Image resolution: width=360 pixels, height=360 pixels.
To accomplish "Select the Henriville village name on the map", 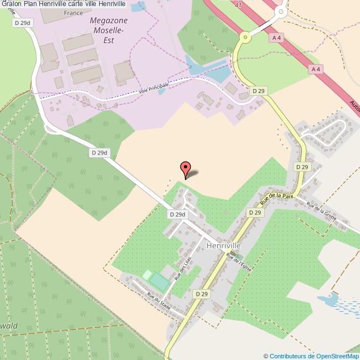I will click(223, 245).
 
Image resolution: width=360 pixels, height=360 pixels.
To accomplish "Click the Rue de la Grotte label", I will click(322, 213).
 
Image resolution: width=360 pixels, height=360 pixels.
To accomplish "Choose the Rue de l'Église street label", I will click(239, 262).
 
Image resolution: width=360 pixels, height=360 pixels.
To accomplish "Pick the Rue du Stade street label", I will click(158, 300).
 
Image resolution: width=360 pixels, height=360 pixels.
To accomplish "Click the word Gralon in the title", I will click(12, 4).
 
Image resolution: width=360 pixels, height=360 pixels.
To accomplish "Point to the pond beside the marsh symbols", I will click(328, 300).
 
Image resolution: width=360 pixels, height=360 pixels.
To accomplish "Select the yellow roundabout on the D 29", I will click(244, 38).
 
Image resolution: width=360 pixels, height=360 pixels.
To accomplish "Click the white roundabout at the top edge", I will click(280, 11).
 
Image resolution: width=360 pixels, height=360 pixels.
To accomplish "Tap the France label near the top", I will click(73, 12).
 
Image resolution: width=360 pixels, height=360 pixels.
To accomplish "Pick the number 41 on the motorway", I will click(238, 4).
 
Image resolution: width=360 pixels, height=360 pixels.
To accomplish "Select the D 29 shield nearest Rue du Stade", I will click(201, 294).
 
